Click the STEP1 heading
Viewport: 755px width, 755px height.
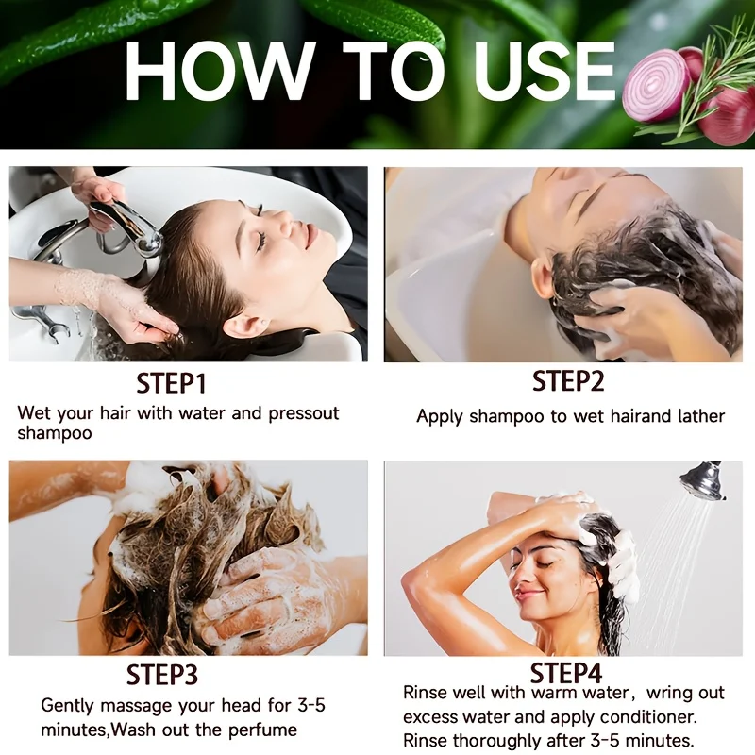pos(171,384)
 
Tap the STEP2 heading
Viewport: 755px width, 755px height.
pos(568,381)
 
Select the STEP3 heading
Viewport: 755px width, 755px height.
pos(161,674)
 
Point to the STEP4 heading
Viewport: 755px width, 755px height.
pos(565,672)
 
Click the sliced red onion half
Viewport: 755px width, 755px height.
pos(657,90)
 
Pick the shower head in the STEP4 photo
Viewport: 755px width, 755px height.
pos(702,479)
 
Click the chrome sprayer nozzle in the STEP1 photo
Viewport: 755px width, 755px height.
pos(130,226)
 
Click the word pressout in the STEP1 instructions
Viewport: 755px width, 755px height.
pos(304,413)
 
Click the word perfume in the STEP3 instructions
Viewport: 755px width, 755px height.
pos(262,730)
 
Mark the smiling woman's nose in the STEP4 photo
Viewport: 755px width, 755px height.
pos(524,577)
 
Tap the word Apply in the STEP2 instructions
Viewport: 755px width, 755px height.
pos(440,417)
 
